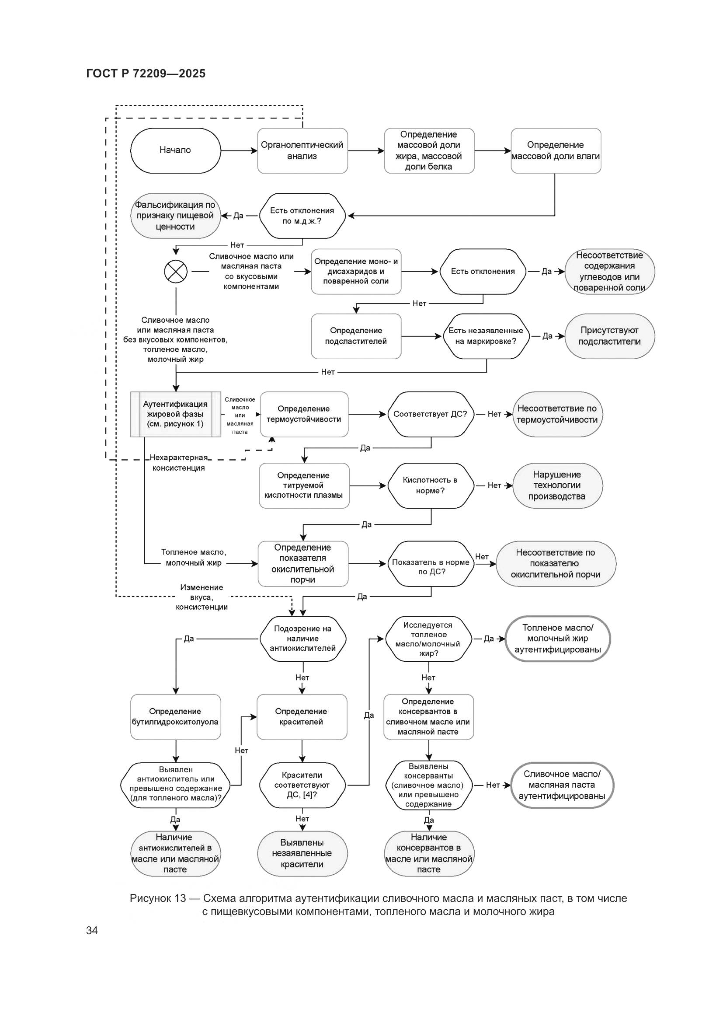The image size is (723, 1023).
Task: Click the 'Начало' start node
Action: [x=175, y=150]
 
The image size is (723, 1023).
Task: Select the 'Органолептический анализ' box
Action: [x=302, y=150]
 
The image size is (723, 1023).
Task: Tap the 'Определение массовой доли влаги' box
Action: [x=556, y=150]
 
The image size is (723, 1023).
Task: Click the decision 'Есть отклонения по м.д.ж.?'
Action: [x=302, y=216]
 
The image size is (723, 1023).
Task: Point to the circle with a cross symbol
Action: [x=176, y=271]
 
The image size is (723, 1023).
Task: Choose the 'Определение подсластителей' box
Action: [x=356, y=336]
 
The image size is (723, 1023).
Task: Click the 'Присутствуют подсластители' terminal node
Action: [x=609, y=336]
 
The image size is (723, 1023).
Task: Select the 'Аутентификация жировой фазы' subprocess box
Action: [x=175, y=414]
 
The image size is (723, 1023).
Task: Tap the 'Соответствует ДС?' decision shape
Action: [x=430, y=414]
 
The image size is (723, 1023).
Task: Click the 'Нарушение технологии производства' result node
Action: [x=557, y=485]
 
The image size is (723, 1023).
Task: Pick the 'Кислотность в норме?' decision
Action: [x=430, y=485]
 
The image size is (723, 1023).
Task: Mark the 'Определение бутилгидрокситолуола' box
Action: [x=175, y=717]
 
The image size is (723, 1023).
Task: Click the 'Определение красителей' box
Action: [x=302, y=717]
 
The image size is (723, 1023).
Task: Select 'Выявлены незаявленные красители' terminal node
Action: [x=302, y=853]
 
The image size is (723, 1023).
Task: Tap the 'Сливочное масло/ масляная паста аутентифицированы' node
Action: [x=562, y=785]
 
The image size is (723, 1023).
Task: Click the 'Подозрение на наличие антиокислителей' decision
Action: [x=303, y=639]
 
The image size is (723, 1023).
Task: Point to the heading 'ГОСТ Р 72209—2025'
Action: [x=146, y=73]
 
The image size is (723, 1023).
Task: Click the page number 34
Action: [x=92, y=930]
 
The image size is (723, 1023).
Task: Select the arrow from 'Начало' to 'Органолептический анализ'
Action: [x=239, y=150]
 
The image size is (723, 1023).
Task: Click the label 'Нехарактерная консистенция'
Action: [x=178, y=462]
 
